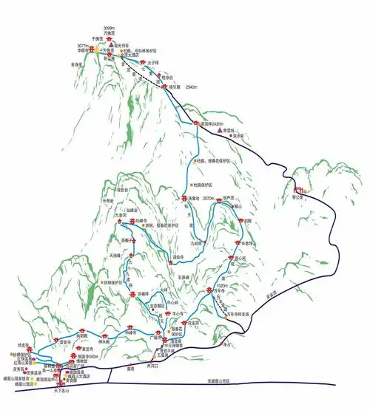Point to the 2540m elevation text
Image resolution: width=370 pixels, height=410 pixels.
click(195, 86)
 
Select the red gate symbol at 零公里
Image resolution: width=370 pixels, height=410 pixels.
click(297, 190)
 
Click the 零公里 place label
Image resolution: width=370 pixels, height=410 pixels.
click(298, 198)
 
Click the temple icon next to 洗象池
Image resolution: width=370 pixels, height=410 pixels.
click(183, 199)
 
